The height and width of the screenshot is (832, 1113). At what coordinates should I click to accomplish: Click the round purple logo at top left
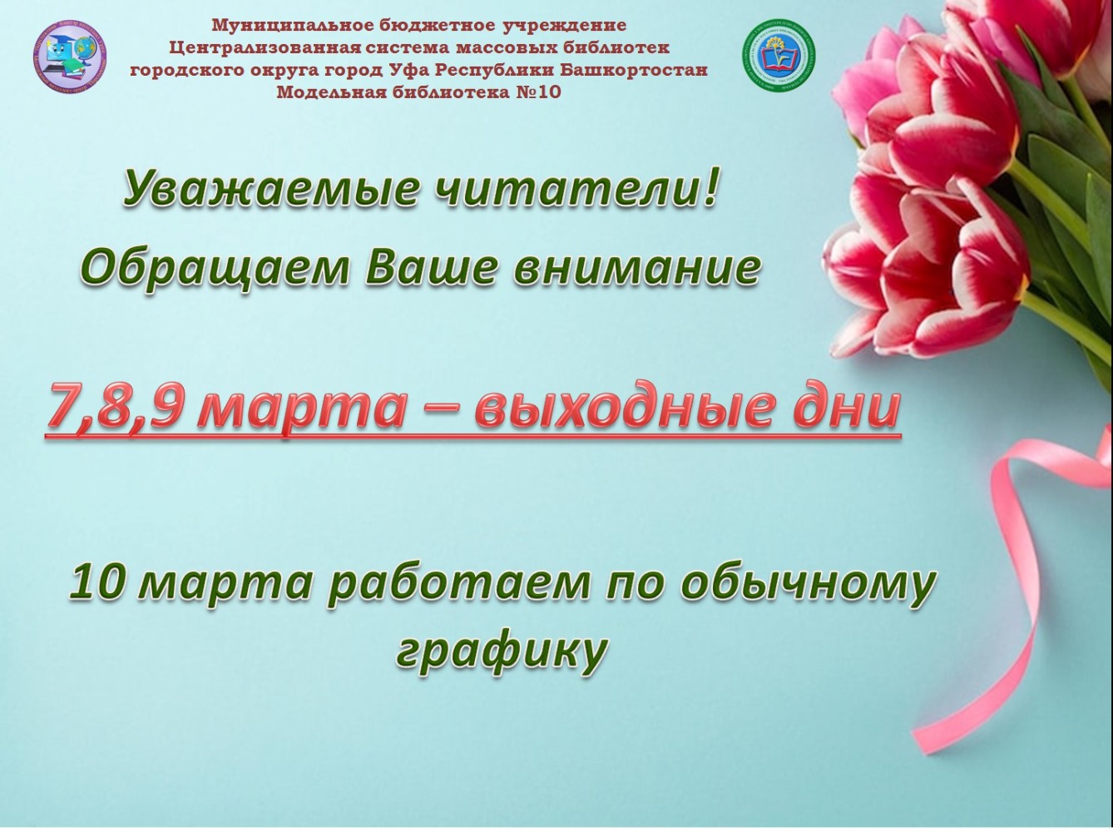point(71,55)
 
